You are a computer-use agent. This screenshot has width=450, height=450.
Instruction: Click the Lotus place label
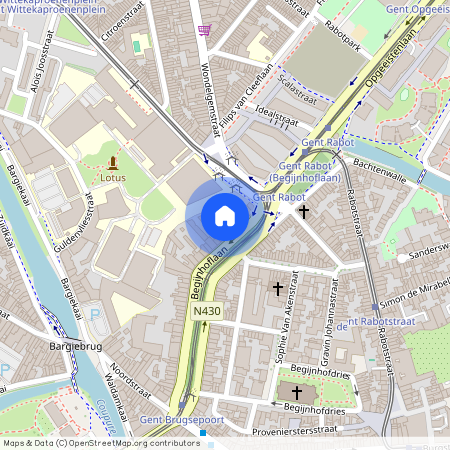click(112, 178)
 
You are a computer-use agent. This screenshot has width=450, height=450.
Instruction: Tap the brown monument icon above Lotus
click(112, 161)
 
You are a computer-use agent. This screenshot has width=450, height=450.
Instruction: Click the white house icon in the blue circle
click(225, 215)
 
